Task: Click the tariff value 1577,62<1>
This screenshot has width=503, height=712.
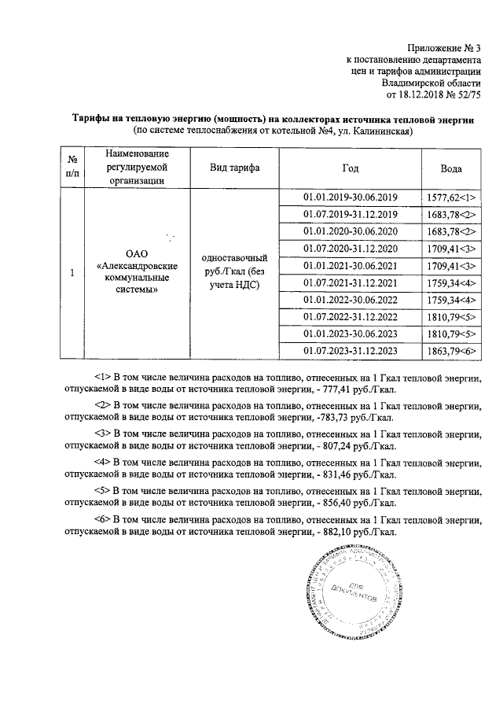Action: [x=451, y=198]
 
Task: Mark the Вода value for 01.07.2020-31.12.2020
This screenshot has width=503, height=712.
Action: [x=451, y=249]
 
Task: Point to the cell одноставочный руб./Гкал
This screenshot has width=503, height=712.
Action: [x=234, y=271]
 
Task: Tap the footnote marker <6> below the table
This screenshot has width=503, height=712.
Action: [x=102, y=519]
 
